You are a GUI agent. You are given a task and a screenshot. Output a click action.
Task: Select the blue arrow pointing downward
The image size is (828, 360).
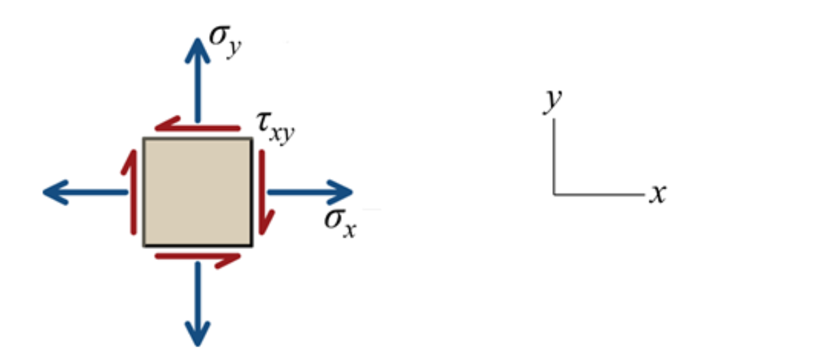point(198,299)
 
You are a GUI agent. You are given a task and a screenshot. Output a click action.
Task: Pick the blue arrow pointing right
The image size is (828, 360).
point(310,192)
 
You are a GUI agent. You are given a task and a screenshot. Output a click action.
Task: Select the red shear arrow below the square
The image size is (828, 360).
point(197,257)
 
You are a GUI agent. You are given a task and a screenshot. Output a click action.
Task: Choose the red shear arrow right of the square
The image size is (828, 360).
point(264,193)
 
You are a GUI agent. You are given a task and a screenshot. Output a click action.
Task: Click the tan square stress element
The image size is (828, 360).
point(197,192)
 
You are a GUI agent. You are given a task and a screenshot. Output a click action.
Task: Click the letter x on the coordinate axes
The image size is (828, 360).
point(657,195)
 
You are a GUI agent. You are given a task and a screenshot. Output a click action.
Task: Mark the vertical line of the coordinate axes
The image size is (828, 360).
point(554,157)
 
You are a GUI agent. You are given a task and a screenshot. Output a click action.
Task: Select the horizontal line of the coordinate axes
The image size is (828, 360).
point(599,195)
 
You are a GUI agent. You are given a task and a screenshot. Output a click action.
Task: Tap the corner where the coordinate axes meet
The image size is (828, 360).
point(554,195)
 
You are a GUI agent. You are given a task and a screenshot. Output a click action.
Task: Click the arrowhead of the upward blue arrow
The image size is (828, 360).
point(198,48)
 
